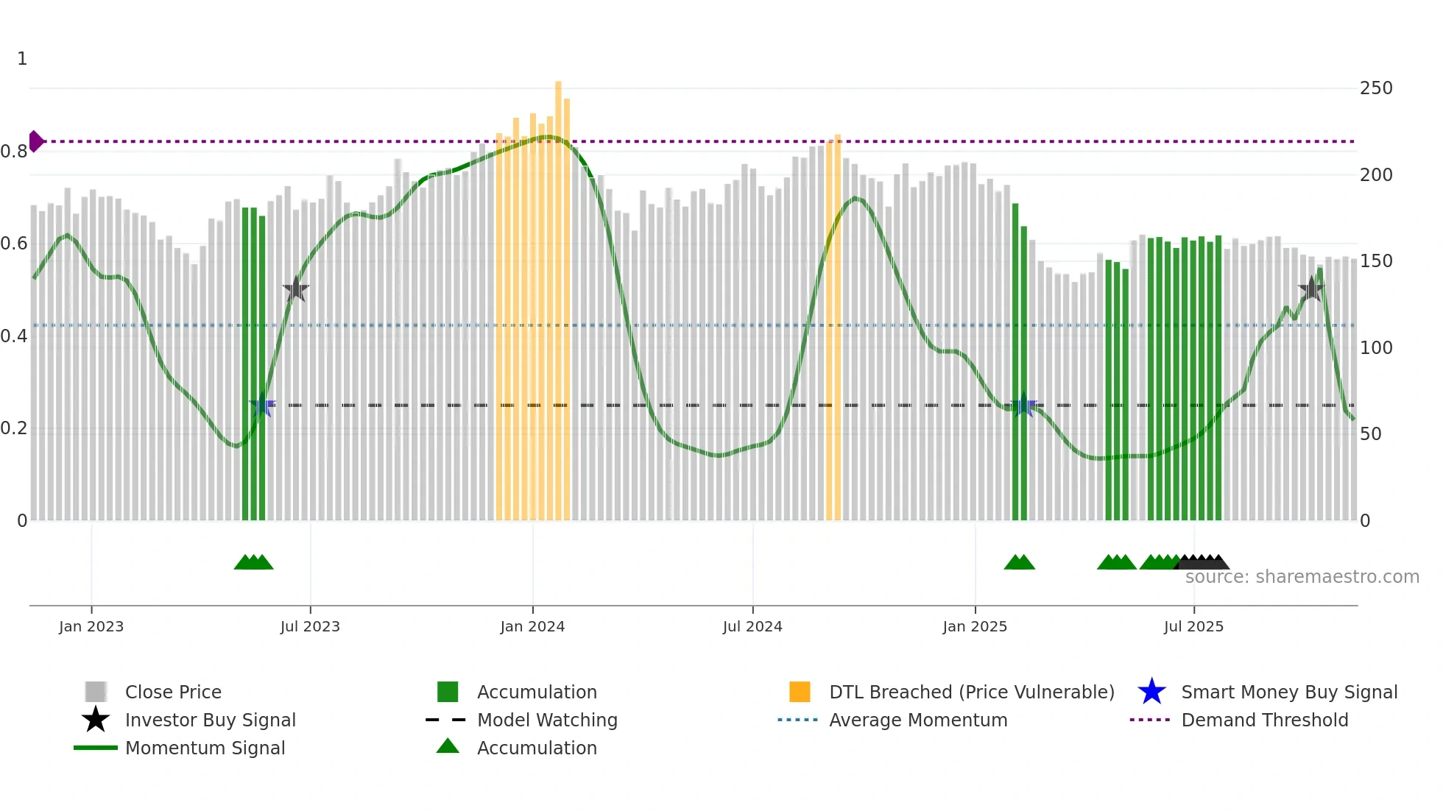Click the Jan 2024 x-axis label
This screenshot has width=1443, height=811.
pyautogui.click(x=532, y=626)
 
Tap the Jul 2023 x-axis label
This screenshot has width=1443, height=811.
pyautogui.click(x=310, y=626)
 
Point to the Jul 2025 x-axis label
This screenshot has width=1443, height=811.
pyautogui.click(x=1193, y=626)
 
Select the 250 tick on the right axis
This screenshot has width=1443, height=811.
pyautogui.click(x=1376, y=88)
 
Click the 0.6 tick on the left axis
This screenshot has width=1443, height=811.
pyautogui.click(x=14, y=244)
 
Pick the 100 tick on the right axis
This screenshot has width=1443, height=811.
pyautogui.click(x=1376, y=347)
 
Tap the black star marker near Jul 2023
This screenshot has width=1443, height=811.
pyautogui.click(x=296, y=290)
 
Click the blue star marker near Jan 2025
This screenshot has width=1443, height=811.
pyautogui.click(x=1023, y=405)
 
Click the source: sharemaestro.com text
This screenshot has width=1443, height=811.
pyautogui.click(x=1302, y=577)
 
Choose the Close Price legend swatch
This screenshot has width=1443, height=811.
pyautogui.click(x=96, y=692)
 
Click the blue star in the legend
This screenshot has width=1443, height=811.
pyautogui.click(x=1151, y=692)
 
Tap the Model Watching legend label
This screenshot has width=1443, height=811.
pyautogui.click(x=547, y=720)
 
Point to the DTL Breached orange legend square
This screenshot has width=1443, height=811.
pyautogui.click(x=800, y=692)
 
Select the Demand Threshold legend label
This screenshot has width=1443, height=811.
pyautogui.click(x=1264, y=720)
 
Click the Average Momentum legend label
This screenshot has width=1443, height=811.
pyautogui.click(x=918, y=720)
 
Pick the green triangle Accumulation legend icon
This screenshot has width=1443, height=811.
pyautogui.click(x=448, y=746)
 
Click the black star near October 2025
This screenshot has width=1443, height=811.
pyautogui.click(x=1311, y=289)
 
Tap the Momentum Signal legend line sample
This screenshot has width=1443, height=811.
pyautogui.click(x=96, y=748)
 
